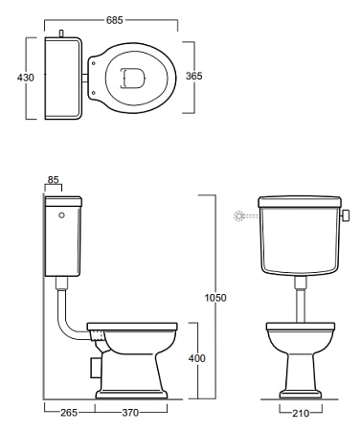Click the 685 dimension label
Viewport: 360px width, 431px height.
(x=115, y=20)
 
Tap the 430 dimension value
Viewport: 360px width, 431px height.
(x=26, y=78)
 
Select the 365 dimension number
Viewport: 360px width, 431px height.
(x=194, y=76)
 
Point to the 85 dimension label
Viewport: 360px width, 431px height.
(x=54, y=180)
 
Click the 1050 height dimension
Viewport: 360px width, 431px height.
(x=215, y=298)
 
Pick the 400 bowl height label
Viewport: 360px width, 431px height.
(x=197, y=358)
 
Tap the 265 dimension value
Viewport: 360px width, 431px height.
(x=69, y=413)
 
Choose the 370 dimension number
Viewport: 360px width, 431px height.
(x=130, y=413)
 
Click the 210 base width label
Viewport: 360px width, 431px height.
(x=301, y=414)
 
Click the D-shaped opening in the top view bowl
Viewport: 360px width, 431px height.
(x=133, y=78)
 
